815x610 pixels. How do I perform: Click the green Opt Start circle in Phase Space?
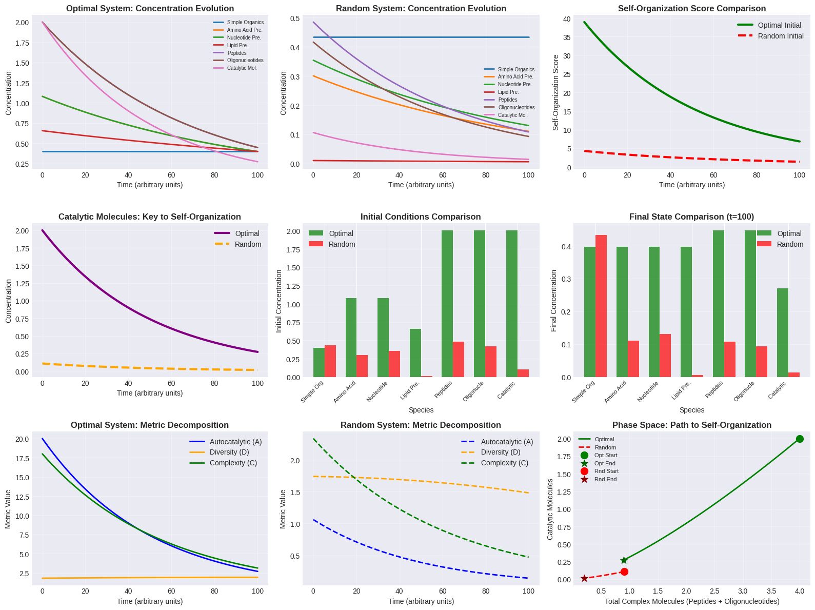pos(800,439)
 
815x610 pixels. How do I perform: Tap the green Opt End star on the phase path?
pos(624,560)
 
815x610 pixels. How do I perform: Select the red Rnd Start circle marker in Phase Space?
pos(624,572)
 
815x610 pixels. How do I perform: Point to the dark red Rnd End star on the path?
pos(584,578)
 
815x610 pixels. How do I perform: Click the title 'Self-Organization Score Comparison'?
pos(691,9)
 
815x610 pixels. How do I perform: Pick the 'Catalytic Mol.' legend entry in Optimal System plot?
pos(242,68)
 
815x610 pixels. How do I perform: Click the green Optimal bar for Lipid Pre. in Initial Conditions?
pos(415,353)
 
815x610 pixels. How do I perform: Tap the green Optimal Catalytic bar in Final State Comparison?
pos(782,332)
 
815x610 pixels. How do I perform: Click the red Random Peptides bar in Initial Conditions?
pos(459,359)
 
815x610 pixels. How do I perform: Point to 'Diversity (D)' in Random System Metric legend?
pos(500,452)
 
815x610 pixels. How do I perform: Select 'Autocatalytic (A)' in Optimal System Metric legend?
pos(235,442)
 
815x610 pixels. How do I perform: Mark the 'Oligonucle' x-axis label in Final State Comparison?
pos(744,391)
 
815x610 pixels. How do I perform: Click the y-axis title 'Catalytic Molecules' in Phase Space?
pos(550,509)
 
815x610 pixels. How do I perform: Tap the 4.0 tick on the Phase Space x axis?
pos(799,591)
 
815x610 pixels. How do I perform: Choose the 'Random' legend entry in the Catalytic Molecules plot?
pos(248,244)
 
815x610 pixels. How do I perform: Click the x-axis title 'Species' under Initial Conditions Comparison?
pos(421,410)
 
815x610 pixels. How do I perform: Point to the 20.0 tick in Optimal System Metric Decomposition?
pos(22,439)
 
